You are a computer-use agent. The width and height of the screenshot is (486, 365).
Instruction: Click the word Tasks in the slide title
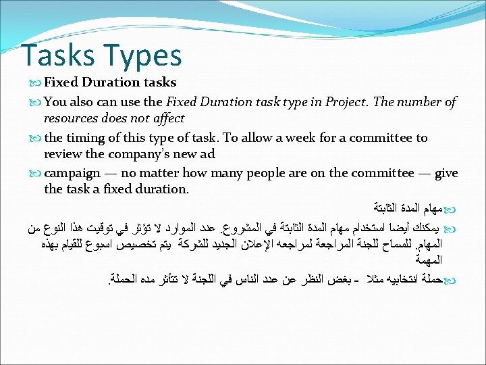click(57, 55)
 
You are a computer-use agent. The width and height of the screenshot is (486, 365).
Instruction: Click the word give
click(446, 173)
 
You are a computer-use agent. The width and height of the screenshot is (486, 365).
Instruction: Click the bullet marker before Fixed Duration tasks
click(36, 83)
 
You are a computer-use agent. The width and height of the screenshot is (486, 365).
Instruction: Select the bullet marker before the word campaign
click(36, 174)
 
